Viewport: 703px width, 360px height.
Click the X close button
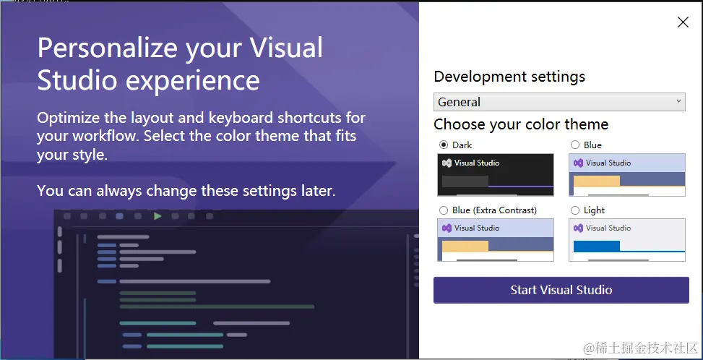pyautogui.click(x=683, y=22)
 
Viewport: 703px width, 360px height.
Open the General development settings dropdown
pyautogui.click(x=559, y=102)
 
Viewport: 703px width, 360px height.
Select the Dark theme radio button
pyautogui.click(x=444, y=145)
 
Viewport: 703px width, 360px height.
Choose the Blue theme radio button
pyautogui.click(x=575, y=145)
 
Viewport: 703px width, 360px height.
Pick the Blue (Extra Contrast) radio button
pyautogui.click(x=444, y=210)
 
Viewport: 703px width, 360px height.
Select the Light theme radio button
pyautogui.click(x=575, y=210)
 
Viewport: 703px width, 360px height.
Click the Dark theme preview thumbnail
pyautogui.click(x=496, y=175)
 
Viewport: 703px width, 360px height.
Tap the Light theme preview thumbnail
pyautogui.click(x=627, y=240)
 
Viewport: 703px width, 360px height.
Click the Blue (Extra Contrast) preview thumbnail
pyautogui.click(x=496, y=240)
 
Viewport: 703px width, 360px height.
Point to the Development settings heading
pyautogui.click(x=509, y=77)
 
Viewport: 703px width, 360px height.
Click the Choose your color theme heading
pyautogui.click(x=521, y=124)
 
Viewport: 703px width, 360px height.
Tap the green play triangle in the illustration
pyautogui.click(x=158, y=216)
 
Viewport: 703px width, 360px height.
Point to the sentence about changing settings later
pyautogui.click(x=186, y=191)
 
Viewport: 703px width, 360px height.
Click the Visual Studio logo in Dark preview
pyautogui.click(x=447, y=163)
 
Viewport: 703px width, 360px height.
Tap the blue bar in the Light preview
pyautogui.click(x=597, y=246)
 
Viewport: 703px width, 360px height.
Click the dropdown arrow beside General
pyautogui.click(x=678, y=101)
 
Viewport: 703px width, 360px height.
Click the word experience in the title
pyautogui.click(x=192, y=81)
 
